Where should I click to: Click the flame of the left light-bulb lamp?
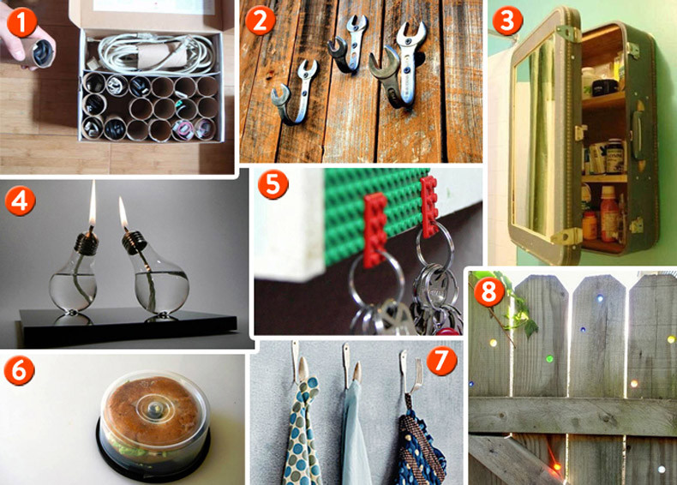point(92,203)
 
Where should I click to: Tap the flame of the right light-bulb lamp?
point(123,210)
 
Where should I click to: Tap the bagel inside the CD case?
point(151,410)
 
